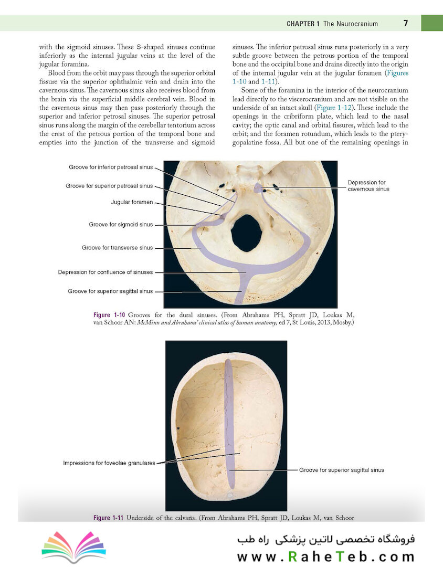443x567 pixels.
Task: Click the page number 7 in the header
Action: pyautogui.click(x=406, y=24)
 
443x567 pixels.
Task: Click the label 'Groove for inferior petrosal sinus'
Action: pyautogui.click(x=110, y=167)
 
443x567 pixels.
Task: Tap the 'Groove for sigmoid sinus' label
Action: pyautogui.click(x=121, y=225)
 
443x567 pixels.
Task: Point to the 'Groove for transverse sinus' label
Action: pyautogui.click(x=118, y=248)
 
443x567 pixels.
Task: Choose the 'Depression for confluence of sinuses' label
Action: pyautogui.click(x=106, y=272)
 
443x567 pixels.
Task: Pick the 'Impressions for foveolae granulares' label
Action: pyautogui.click(x=109, y=463)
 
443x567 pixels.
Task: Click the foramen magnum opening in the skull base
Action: pyautogui.click(x=246, y=233)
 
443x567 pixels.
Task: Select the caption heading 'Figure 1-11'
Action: pyautogui.click(x=108, y=518)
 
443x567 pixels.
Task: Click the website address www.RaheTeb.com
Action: pyautogui.click(x=325, y=556)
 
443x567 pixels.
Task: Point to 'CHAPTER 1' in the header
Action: pyautogui.click(x=303, y=24)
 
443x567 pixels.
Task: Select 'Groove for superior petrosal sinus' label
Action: pyautogui.click(x=109, y=186)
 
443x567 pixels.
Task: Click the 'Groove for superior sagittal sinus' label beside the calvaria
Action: pyautogui.click(x=342, y=470)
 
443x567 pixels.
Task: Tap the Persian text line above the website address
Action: pyautogui.click(x=325, y=540)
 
